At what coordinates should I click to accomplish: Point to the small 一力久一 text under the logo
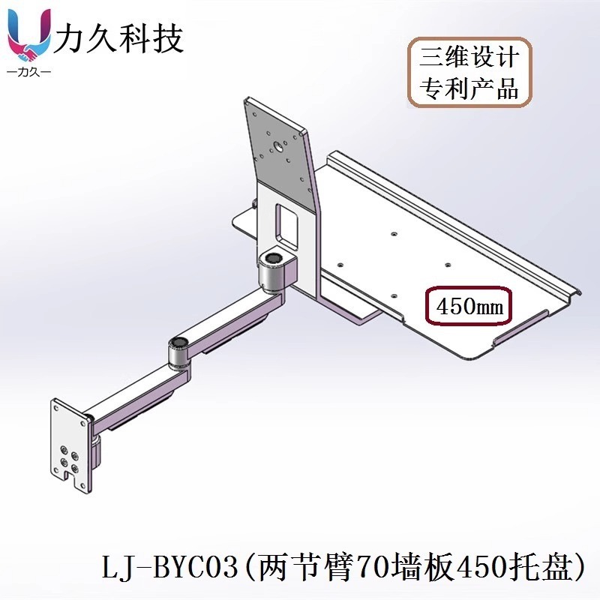point(28,73)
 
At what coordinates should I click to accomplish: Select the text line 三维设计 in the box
point(469,58)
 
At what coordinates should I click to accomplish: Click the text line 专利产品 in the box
point(469,89)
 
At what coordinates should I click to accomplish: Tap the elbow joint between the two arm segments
point(178,352)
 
